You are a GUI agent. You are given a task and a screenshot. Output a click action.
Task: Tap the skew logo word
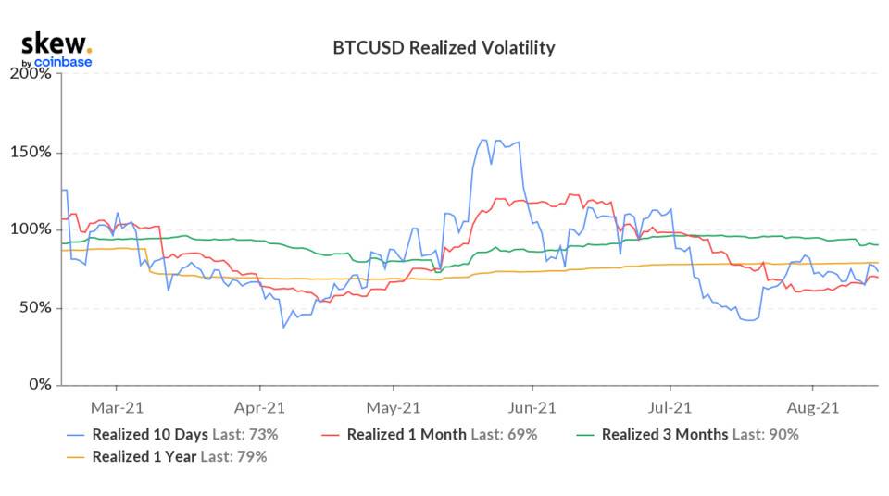pos(56,43)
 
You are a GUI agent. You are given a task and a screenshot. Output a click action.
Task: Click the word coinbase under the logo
pos(62,62)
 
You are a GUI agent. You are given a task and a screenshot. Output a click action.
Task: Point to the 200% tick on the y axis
pos(32,73)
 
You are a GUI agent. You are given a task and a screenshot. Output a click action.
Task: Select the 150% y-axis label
pos(32,152)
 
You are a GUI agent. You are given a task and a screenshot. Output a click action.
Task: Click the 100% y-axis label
pos(32,229)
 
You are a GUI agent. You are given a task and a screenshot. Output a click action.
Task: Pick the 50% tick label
pos(36,307)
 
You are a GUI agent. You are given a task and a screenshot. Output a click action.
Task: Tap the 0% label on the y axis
pos(40,385)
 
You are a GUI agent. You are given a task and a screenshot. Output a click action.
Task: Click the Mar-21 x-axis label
pos(116,406)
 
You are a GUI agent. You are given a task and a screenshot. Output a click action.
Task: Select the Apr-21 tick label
pos(260,406)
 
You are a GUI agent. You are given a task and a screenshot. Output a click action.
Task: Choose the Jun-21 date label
pos(532,406)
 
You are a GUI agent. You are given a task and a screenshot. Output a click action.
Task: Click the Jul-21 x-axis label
pos(670,406)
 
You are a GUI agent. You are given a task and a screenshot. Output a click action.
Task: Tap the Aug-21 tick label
pos(812,406)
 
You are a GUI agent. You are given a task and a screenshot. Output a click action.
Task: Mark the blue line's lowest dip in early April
pos(283,327)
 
